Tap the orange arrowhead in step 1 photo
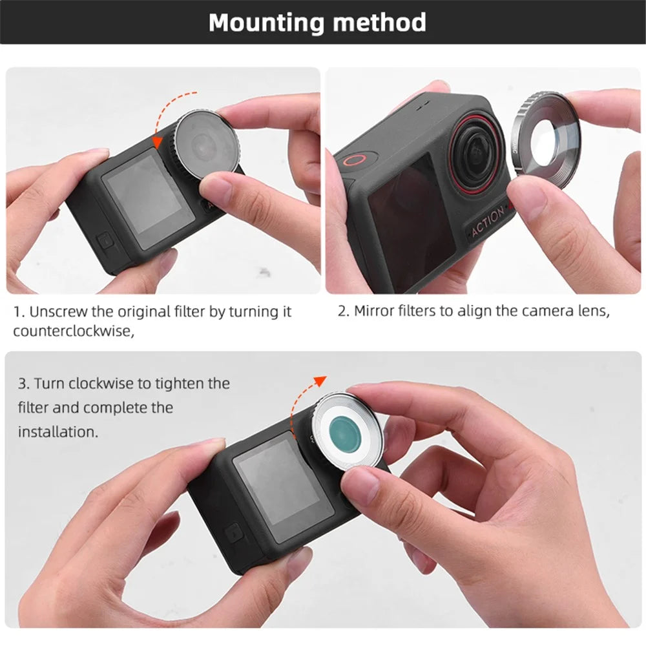point(158,141)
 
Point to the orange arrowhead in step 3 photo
point(320,380)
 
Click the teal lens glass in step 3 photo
point(345,433)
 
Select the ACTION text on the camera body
point(487,221)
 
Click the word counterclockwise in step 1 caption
point(74,331)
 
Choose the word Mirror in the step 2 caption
point(373,311)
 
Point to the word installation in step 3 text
point(57,432)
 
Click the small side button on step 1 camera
point(105,240)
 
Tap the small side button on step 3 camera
point(234,534)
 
